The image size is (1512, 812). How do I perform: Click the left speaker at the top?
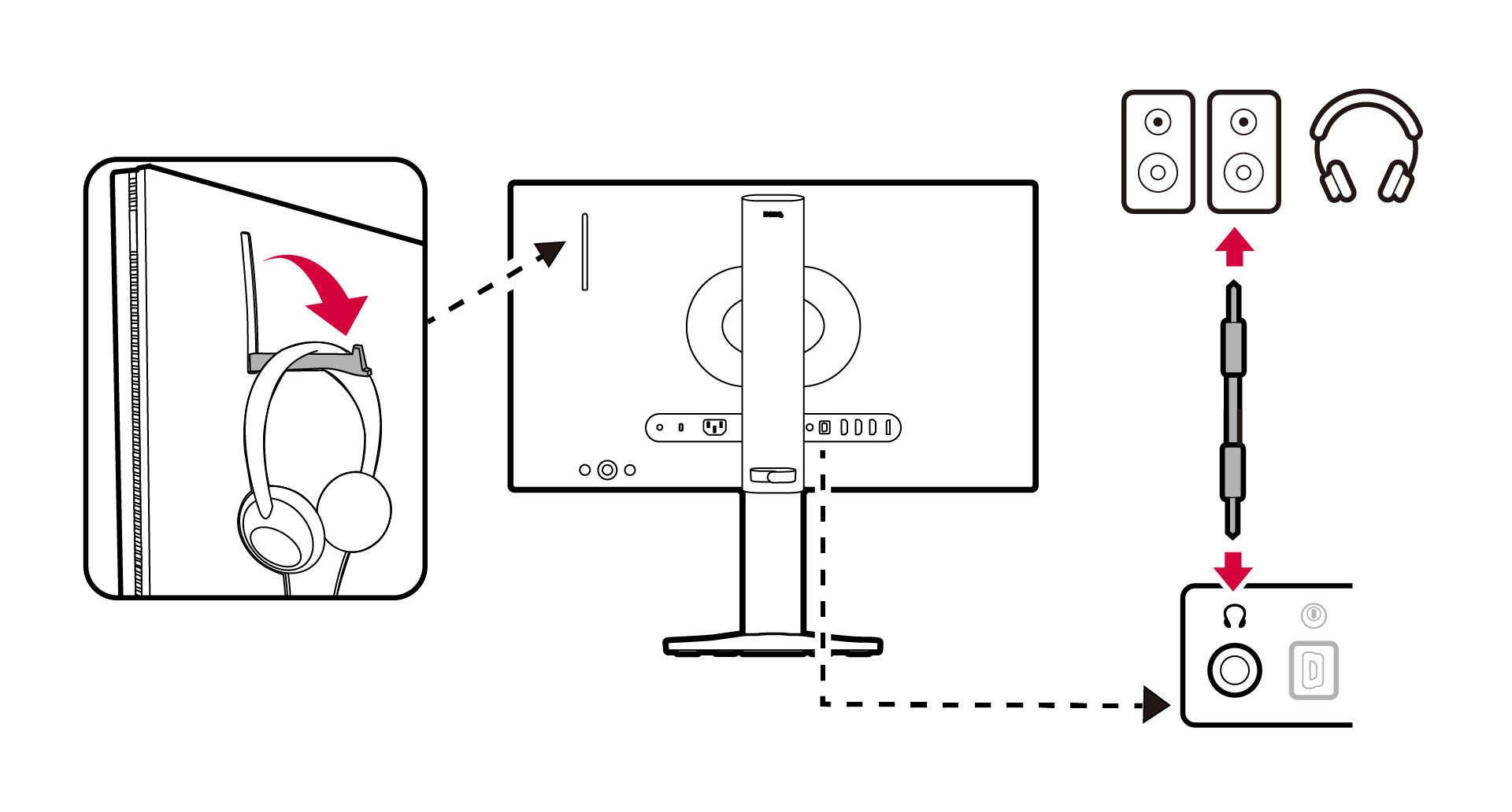[1158, 151]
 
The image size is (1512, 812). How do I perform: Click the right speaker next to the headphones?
[1243, 151]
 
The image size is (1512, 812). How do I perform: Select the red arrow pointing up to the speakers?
[1234, 247]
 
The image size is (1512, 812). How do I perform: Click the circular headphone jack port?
[1234, 670]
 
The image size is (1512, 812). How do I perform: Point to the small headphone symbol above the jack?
[1234, 616]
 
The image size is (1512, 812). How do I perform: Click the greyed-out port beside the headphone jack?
[1313, 670]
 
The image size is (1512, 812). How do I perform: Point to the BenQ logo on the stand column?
[773, 214]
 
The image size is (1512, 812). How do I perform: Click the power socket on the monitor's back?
[714, 427]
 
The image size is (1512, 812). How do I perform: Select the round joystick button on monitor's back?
[607, 470]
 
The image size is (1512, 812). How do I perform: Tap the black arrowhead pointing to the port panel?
[1155, 704]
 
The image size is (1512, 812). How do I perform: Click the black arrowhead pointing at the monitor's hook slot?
[550, 253]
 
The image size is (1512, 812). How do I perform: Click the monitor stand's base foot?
[772, 645]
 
